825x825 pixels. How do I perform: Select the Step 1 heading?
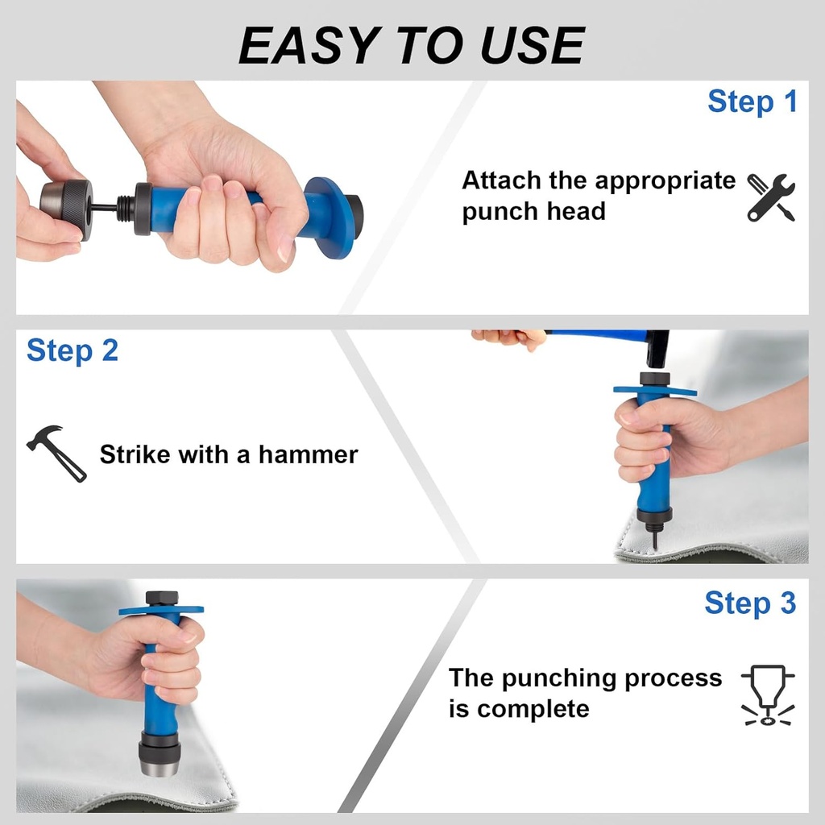pos(752,101)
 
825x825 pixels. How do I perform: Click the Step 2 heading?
pos(73,351)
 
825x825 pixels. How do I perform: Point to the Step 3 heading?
pos(750,603)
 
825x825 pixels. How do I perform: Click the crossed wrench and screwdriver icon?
pos(771,197)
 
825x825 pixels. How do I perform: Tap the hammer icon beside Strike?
pos(57,453)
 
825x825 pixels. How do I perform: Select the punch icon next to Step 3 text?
pos(768,695)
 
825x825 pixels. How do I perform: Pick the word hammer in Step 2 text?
pos(309,454)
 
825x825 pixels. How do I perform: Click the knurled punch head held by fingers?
pos(66,209)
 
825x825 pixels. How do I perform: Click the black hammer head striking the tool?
pos(657,349)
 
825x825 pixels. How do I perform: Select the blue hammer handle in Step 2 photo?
pos(595,333)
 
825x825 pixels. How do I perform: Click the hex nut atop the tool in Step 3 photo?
pos(161,599)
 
